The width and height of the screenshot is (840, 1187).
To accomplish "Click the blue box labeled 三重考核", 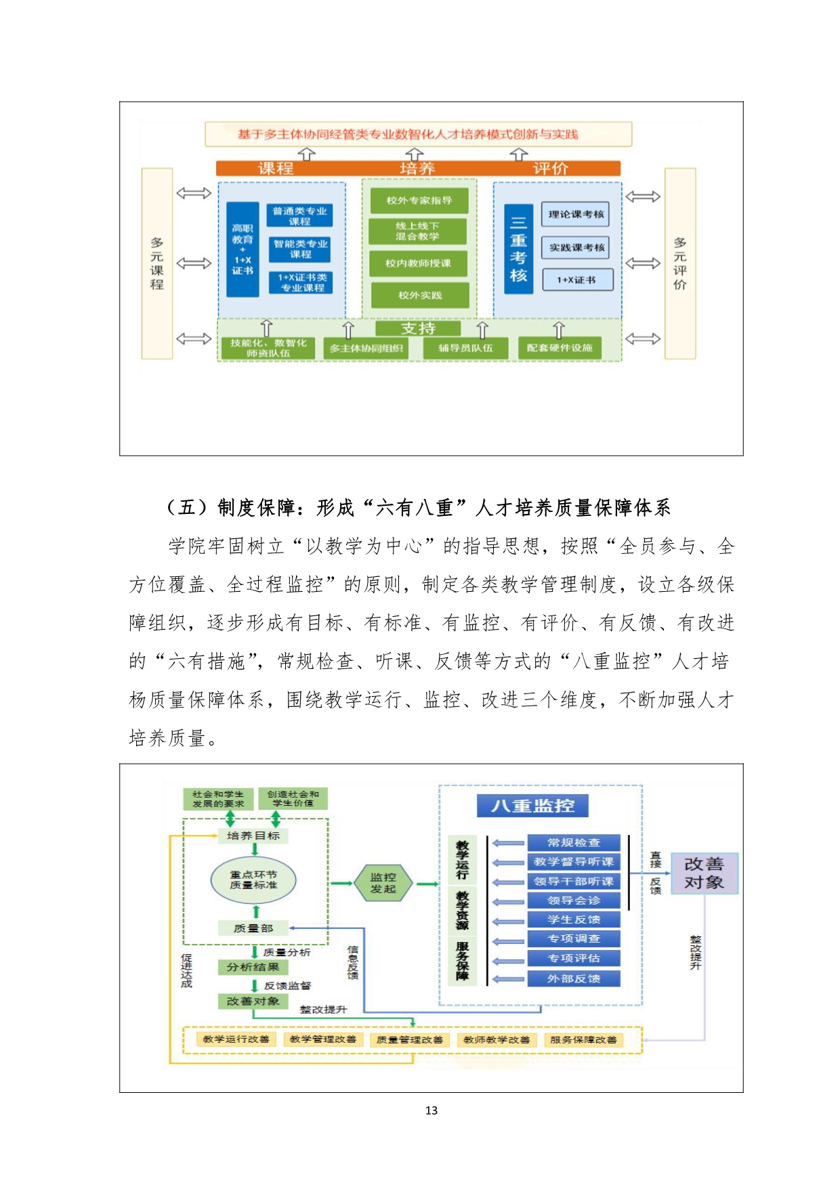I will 518,249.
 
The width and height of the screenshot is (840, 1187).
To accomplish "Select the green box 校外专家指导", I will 419,200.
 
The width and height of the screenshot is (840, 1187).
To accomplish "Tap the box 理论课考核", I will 575,214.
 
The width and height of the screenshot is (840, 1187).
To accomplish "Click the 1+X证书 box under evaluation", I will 576,280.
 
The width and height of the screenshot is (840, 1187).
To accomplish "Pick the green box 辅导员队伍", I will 465,348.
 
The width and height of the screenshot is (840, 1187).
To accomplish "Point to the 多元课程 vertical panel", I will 156,263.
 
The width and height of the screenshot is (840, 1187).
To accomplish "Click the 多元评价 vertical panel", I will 680,263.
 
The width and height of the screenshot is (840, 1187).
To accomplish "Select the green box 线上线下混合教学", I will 417,231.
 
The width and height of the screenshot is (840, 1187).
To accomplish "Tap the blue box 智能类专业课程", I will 300,249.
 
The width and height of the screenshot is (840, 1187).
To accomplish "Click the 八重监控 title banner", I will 532,806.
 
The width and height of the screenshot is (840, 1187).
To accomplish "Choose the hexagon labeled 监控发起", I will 383,883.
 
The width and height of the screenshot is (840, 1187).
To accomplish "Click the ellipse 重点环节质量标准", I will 253,880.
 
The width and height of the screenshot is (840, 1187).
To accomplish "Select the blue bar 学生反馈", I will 574,920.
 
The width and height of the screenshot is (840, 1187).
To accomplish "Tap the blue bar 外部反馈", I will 574,978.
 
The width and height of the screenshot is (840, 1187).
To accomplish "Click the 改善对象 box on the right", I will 704,873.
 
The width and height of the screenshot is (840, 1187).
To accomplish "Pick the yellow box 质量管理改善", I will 410,1039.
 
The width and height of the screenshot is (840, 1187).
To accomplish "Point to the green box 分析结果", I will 253,967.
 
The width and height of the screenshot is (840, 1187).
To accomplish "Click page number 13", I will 432,1110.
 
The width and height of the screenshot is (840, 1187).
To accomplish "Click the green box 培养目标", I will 253,836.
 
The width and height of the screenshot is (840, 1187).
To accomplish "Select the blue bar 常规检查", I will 574,842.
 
